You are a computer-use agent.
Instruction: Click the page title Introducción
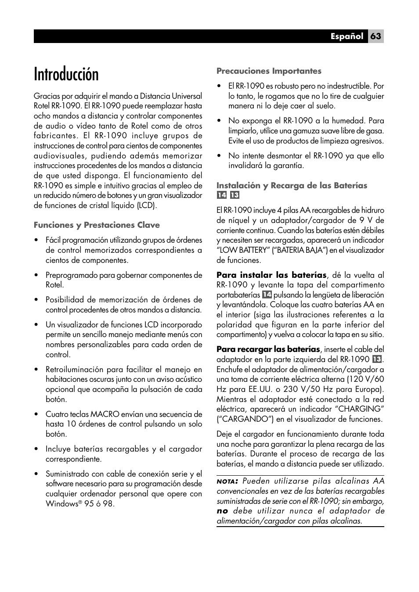coord(66,74)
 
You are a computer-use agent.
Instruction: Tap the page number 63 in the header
coord(376,36)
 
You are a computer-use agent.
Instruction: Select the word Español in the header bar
coord(347,36)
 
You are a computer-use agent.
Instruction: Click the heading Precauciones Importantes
coord(269,71)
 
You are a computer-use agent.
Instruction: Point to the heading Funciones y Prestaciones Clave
coord(97,225)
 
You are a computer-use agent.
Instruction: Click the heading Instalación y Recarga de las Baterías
coord(292,186)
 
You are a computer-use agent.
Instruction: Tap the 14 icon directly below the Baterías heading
coord(221,196)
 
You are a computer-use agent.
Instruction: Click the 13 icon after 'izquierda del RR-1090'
coord(376,359)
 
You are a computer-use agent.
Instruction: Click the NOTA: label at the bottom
coord(227,481)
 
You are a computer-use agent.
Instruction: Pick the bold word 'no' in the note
coord(222,511)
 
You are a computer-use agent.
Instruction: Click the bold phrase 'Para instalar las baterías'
coord(271,275)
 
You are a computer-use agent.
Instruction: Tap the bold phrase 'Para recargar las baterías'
coord(268,349)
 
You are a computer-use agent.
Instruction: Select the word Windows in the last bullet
coord(61,504)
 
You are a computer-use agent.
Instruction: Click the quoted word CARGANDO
coord(242,419)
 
